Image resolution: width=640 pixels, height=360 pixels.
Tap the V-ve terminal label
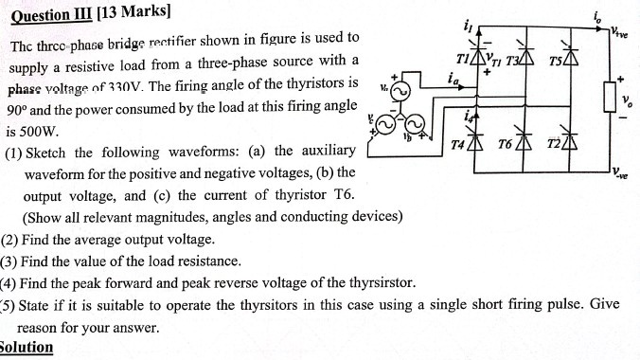[621, 173]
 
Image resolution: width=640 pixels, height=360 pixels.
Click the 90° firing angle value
[20, 109]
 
